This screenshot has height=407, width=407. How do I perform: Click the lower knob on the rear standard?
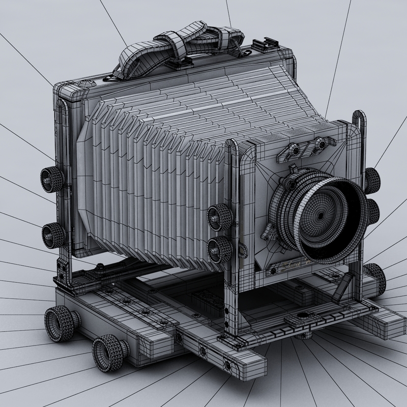click(53, 235)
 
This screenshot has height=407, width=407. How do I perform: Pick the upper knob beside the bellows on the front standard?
click(220, 217)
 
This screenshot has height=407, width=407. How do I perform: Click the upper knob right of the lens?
click(372, 180)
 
